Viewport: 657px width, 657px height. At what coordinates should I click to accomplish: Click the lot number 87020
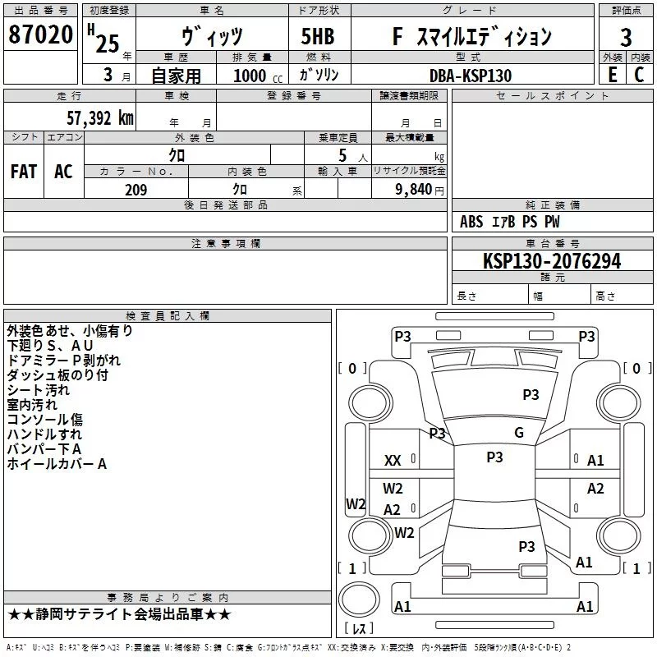click(40, 34)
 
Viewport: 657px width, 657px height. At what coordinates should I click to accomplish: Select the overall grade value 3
click(626, 38)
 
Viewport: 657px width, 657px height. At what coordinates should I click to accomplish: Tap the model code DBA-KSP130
click(471, 76)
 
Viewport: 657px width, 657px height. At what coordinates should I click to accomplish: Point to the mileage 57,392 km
click(100, 118)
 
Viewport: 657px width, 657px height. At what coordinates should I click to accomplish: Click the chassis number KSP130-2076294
click(552, 261)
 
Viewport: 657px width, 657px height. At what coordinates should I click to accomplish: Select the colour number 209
click(136, 190)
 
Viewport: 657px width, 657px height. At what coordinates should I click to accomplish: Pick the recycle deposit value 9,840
click(413, 190)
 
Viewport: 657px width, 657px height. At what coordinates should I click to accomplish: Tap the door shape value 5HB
click(318, 36)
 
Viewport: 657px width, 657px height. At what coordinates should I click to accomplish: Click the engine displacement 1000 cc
click(258, 76)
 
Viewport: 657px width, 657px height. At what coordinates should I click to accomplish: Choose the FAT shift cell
click(24, 172)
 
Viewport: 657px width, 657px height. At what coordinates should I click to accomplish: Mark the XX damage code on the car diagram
click(393, 461)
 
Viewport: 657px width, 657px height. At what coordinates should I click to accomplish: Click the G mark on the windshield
click(519, 433)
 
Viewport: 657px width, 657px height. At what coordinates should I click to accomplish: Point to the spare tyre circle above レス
click(359, 600)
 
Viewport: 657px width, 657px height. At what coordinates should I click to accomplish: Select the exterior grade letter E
click(613, 75)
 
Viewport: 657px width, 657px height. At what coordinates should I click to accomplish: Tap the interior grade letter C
click(639, 75)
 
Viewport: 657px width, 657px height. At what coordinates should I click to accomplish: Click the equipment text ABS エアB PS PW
click(509, 222)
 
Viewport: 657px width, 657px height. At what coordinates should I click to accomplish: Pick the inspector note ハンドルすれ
click(44, 434)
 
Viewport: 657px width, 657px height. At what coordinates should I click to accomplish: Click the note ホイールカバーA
click(57, 464)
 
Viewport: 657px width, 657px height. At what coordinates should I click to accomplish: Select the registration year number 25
click(108, 44)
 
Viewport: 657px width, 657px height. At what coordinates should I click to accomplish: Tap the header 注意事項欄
click(225, 243)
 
